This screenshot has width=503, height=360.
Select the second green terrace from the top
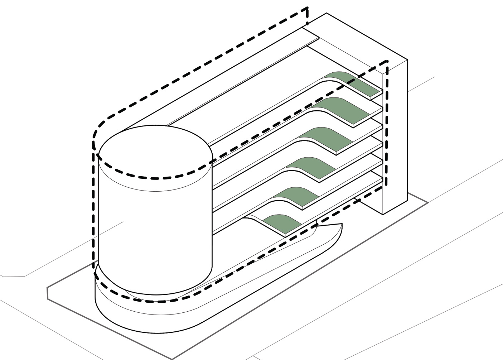(344, 110)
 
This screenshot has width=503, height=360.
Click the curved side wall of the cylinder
(154, 233)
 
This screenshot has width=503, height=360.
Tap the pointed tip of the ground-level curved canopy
(342, 224)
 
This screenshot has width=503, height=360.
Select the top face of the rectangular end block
(354, 39)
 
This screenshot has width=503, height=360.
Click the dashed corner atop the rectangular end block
(387, 62)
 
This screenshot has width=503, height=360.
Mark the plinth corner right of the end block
(428, 203)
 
